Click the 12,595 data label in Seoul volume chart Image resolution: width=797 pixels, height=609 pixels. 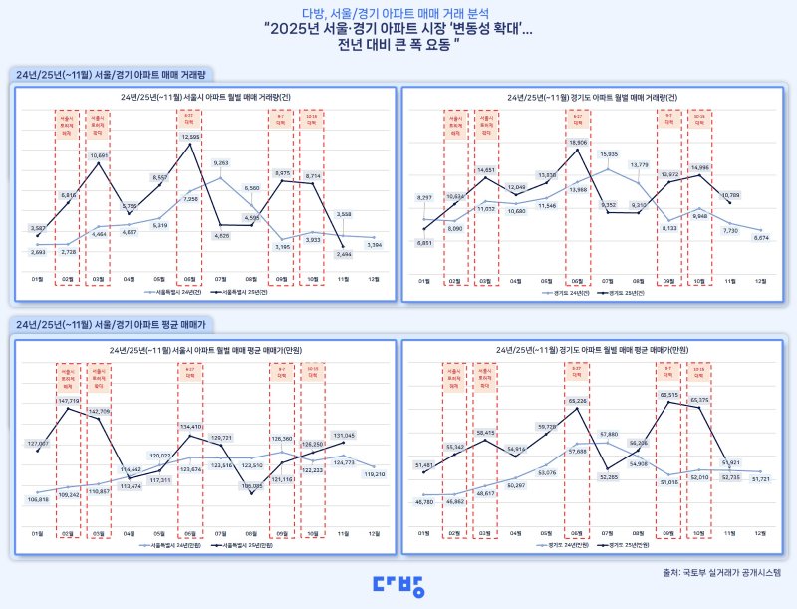coord(191,136)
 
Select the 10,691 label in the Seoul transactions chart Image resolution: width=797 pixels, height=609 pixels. coord(99,155)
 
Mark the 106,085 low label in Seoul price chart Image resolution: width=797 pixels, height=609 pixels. coord(251,485)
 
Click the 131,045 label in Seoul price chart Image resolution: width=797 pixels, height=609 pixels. coord(343,435)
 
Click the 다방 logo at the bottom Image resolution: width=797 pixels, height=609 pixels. coord(398,585)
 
